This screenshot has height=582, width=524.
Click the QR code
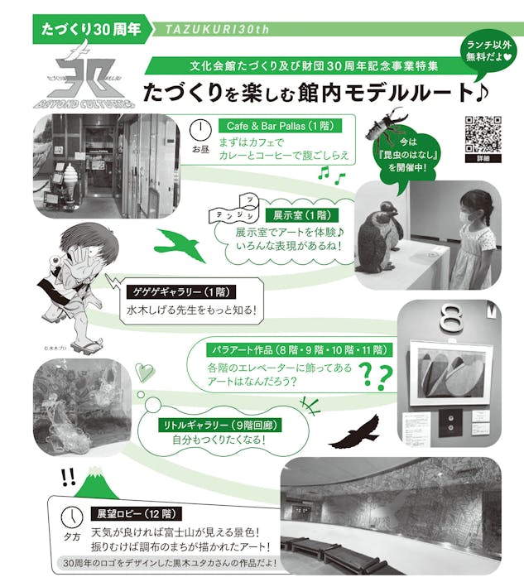pos(483,134)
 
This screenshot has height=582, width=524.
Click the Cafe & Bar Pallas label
pos(280,126)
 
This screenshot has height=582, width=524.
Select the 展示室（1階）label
pos(303,215)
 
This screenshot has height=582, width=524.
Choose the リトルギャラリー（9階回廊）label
pos(220,425)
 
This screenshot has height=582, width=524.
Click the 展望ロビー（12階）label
pos(136,514)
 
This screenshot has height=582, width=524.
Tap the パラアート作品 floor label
pos(299,349)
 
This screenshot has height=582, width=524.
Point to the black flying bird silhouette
pos(354,431)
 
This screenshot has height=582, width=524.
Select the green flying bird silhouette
pos(181,244)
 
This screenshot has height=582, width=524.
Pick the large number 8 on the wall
pos(451,319)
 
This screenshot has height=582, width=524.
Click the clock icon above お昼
pos(200,131)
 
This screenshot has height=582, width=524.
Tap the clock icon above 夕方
pos(72,517)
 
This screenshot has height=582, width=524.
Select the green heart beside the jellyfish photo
pos(144,373)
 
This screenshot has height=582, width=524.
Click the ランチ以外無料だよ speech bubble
pos(488,53)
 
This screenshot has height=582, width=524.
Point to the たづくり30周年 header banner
pos(92,29)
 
